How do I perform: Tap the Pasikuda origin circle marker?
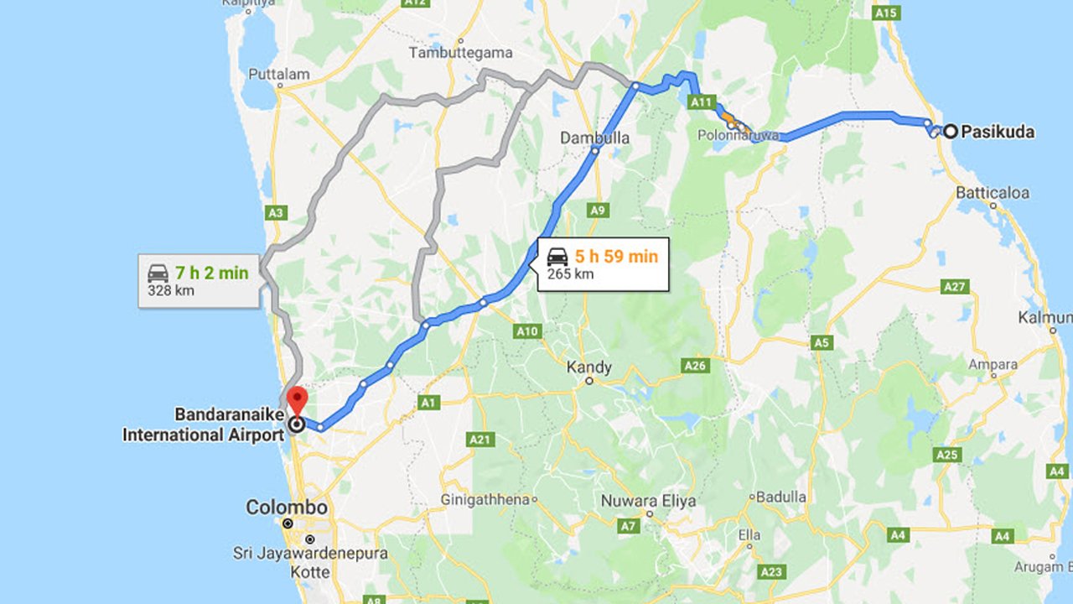[950, 131]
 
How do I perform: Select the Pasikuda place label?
[998, 132]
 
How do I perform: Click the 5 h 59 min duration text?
[616, 257]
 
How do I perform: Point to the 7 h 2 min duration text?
[211, 273]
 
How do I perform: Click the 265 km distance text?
[570, 273]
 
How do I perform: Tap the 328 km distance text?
[170, 290]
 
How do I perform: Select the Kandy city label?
[589, 367]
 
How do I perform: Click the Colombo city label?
[286, 508]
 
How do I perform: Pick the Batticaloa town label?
[993, 192]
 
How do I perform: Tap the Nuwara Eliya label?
[649, 502]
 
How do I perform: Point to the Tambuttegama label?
[460, 53]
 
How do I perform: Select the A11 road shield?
[702, 102]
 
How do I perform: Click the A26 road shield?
[696, 366]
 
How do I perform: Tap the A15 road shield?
[885, 13]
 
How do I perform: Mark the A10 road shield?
[527, 331]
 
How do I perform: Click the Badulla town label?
[780, 497]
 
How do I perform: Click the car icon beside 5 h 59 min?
[557, 257]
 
